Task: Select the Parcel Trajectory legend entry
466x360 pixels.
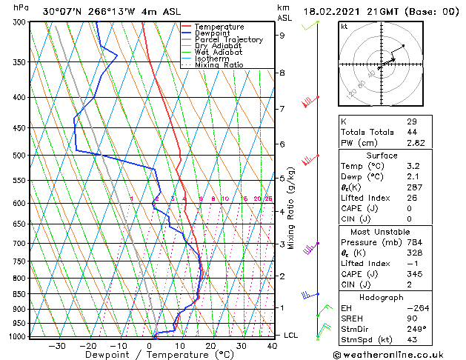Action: pyautogui.click(x=228, y=39)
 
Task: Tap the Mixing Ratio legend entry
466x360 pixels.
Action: pyautogui.click(x=222, y=65)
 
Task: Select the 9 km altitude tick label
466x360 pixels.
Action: pyautogui.click(x=282, y=35)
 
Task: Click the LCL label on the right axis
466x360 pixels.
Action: pyautogui.click(x=290, y=336)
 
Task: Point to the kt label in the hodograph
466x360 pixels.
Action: pyautogui.click(x=344, y=26)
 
